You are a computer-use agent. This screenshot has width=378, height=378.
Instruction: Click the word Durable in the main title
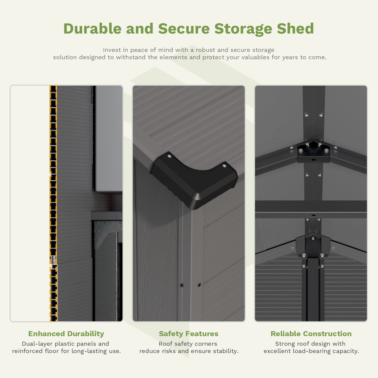92,28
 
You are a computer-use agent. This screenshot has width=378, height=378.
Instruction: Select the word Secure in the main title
184,28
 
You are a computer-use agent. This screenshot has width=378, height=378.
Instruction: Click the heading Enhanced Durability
66,334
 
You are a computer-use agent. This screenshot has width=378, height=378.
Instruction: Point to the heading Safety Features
188,334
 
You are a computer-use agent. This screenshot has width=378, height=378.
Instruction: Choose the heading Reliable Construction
311,334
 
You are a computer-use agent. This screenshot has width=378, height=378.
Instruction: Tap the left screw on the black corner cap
169,156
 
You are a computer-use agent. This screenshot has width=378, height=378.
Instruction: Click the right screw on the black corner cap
224,166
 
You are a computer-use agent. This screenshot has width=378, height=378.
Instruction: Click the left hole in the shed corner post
181,285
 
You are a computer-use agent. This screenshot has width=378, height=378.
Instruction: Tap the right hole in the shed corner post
199,285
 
